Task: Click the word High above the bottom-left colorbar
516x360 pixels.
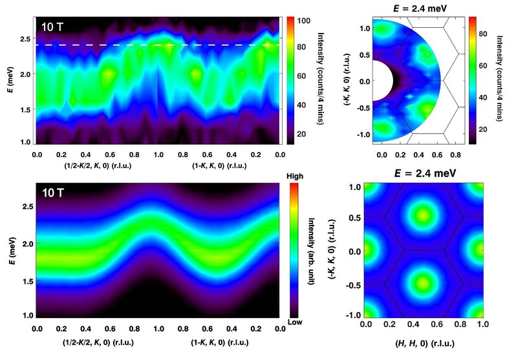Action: pos(298,176)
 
